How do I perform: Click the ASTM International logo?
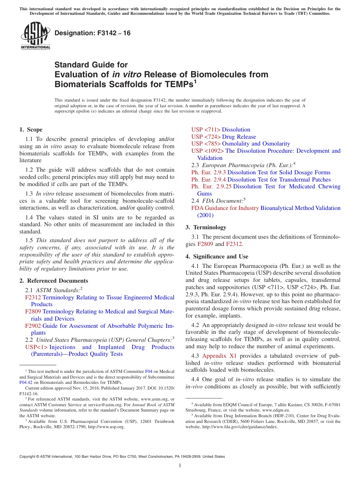click(35, 35)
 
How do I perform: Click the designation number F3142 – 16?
click(92, 33)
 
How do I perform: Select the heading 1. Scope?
click(31, 130)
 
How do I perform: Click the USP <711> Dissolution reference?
click(221, 130)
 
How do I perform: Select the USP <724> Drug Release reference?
click(224, 137)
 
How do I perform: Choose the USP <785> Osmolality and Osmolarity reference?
click(241, 144)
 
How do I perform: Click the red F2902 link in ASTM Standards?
click(33, 326)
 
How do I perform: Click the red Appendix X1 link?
click(219, 356)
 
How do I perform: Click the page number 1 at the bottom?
click(180, 466)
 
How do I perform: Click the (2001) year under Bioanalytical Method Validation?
click(205, 215)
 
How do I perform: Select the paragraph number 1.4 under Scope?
click(29, 218)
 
